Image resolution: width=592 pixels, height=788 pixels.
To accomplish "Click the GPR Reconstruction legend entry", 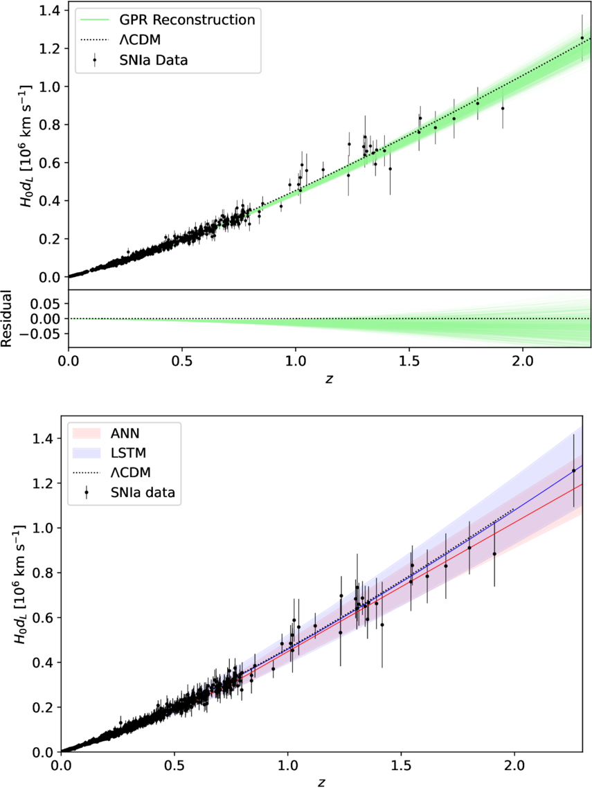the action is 168,19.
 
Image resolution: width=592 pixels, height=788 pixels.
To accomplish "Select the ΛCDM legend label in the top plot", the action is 143,39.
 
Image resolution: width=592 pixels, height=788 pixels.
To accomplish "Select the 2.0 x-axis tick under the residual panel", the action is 523,361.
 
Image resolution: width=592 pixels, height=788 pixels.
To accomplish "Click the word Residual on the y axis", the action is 6,319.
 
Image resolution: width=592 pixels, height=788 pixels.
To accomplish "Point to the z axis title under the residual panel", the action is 329,378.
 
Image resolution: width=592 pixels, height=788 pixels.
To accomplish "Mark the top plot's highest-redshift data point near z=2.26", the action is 582,37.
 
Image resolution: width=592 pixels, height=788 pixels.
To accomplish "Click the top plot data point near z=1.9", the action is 503,108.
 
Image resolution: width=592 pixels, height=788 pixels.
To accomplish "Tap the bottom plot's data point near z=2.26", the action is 573,470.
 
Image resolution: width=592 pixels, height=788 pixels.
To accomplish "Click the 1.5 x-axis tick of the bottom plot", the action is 401,766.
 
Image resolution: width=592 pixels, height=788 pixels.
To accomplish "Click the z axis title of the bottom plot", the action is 321,782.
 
